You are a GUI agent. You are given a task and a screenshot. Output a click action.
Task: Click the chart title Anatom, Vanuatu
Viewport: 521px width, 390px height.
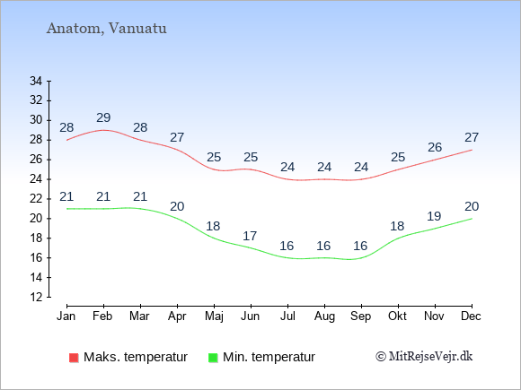pos(107,29)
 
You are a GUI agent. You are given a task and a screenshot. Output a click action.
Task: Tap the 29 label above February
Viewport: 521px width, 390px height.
pos(103,117)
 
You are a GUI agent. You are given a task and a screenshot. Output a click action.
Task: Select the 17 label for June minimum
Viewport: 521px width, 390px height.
pos(250,236)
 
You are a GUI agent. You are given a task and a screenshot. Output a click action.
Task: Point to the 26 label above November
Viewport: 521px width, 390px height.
pos(435,147)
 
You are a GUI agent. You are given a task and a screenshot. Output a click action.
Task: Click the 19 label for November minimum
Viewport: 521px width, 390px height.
pos(434,217)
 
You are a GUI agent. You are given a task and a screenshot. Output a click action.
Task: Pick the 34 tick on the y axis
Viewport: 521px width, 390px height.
pos(36,81)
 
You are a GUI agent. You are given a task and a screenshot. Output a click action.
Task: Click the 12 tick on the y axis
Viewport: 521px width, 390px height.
pos(36,297)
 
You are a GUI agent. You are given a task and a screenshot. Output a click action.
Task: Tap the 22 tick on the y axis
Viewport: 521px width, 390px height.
pos(36,199)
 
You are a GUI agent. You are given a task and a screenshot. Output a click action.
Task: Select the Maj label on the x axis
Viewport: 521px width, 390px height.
pos(214,316)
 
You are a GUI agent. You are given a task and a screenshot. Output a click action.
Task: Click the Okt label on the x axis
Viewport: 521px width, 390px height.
pos(397,316)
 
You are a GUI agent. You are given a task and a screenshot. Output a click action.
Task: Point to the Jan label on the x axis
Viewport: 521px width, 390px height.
pos(66,316)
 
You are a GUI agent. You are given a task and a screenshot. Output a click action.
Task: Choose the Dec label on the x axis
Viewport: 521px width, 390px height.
pos(471,316)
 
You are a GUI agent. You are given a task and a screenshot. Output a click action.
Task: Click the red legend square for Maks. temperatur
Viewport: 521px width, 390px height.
pos(74,358)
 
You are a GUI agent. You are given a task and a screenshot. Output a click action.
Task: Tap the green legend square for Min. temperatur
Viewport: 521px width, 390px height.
pos(213,358)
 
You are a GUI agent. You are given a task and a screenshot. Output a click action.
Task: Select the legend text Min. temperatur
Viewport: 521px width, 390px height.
pos(269,357)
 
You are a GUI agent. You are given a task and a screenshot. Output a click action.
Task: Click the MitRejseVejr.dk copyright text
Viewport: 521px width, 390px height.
pos(424,357)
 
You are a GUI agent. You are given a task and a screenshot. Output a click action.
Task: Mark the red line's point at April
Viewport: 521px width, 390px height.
pos(178,150)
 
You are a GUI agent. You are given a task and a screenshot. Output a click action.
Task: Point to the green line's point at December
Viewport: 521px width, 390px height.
pos(472,219)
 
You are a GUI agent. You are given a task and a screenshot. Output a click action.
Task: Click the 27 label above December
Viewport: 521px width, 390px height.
pos(472,137)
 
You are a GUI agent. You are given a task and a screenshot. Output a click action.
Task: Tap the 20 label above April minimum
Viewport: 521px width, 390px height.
pos(177,206)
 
